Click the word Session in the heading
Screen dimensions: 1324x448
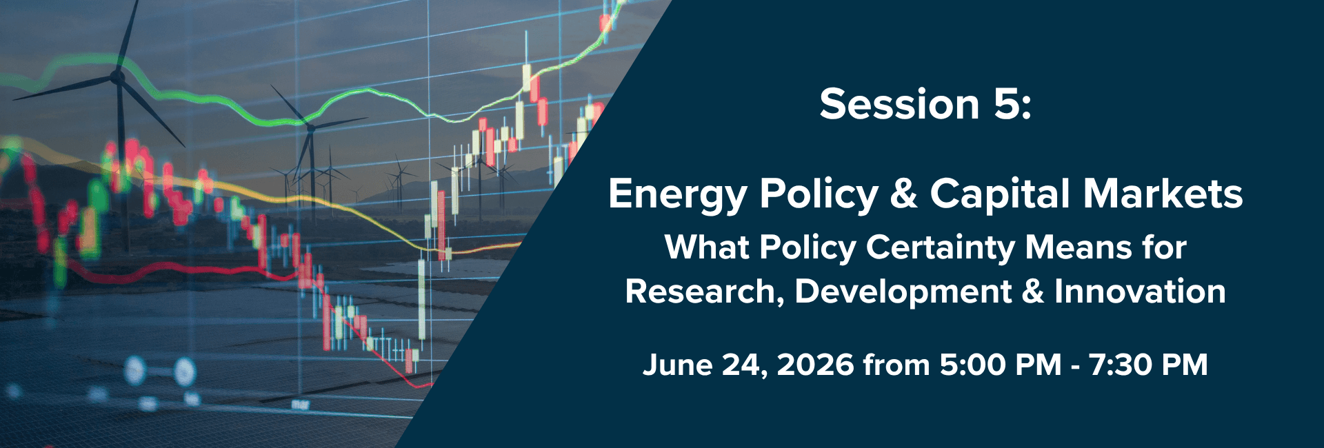pyautogui.click(x=899, y=105)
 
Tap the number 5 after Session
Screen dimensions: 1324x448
pyautogui.click(x=1005, y=105)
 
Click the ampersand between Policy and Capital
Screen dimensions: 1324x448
pyautogui.click(x=904, y=194)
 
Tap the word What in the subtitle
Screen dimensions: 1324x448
pyautogui.click(x=708, y=247)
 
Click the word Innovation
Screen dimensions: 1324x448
pyautogui.click(x=1140, y=292)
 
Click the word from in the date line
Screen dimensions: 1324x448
pyautogui.click(x=896, y=365)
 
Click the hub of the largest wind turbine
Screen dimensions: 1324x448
pyautogui.click(x=118, y=77)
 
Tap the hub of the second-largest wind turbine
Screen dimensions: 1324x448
pyautogui.click(x=310, y=128)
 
